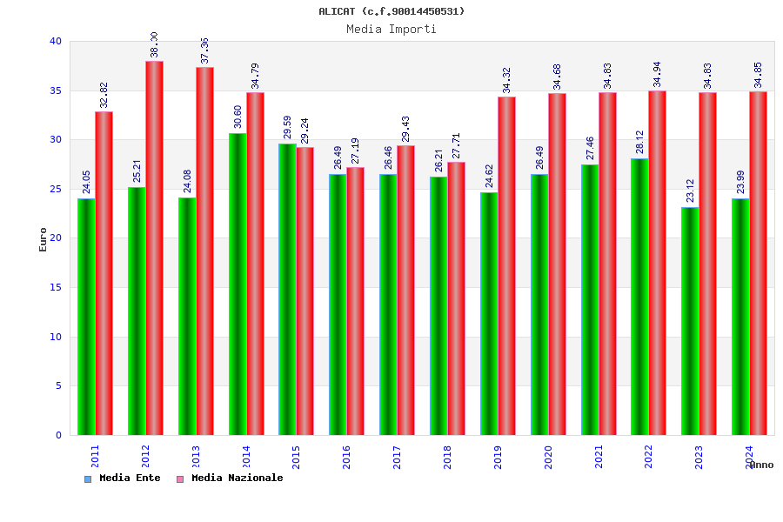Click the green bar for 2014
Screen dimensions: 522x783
coord(238,284)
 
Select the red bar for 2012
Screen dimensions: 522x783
coord(154,248)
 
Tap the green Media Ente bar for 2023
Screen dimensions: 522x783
coord(690,321)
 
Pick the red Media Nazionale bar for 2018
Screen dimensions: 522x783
coord(456,298)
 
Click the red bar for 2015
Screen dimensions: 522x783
coord(305,291)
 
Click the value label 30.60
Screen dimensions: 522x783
coord(238,117)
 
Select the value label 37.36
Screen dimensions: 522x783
coord(204,50)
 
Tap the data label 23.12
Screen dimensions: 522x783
coord(690,191)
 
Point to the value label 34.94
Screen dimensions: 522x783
coord(657,74)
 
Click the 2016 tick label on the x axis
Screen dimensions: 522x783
coord(346,457)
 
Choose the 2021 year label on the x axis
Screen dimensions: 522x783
coord(599,457)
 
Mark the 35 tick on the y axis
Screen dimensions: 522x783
coord(56,90)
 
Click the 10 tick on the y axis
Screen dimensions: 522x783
coord(56,337)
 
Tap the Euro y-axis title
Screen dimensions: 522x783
coord(43,239)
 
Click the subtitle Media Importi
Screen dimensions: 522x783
coord(391,29)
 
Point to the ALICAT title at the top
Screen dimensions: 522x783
coord(391,11)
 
